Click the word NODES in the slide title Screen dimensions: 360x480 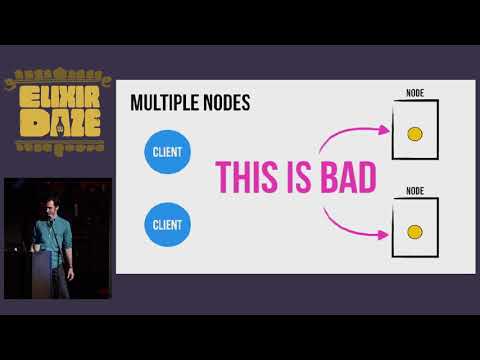226,103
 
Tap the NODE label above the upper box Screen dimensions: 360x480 415,93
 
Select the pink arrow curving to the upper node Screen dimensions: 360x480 355,133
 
